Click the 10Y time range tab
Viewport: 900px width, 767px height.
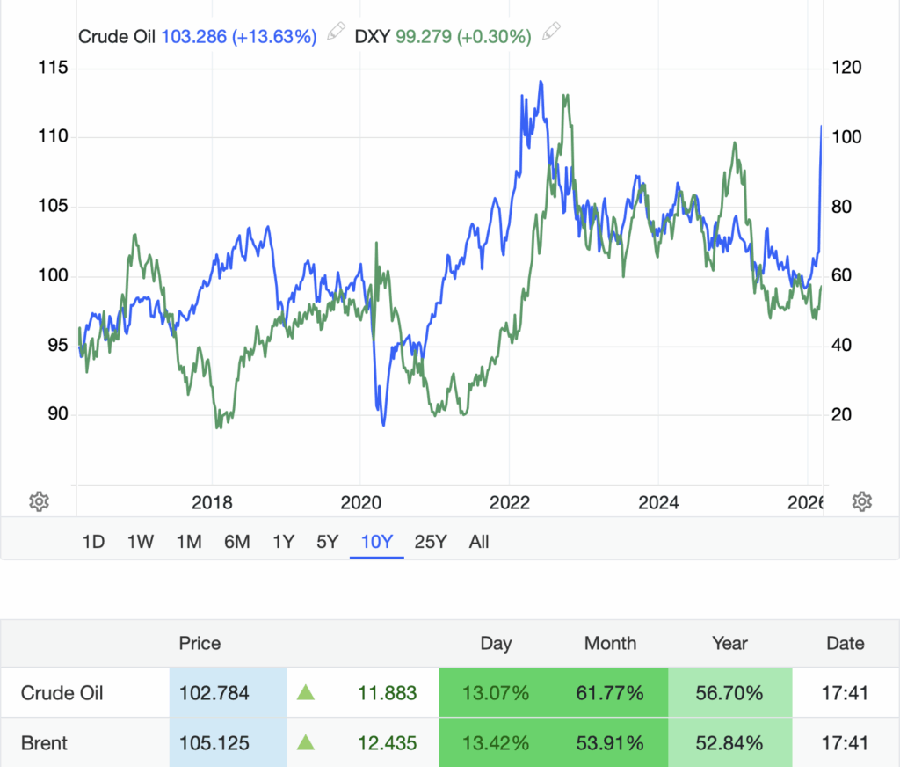[x=377, y=542]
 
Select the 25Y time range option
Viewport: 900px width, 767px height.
[x=430, y=542]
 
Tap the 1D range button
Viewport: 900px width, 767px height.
[x=93, y=542]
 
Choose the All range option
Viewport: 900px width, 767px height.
[x=479, y=542]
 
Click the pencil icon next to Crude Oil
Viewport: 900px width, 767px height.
[x=336, y=33]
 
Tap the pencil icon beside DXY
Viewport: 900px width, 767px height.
[x=551, y=33]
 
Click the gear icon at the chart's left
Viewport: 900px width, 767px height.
[x=39, y=501]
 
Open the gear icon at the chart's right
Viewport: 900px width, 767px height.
[x=862, y=501]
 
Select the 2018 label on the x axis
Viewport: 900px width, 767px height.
[x=212, y=502]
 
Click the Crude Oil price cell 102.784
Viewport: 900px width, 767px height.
[x=214, y=693]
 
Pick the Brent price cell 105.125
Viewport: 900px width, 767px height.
[x=214, y=743]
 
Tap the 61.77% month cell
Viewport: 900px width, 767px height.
[x=610, y=693]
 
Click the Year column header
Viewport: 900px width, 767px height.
[x=729, y=643]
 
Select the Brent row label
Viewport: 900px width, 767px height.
[x=45, y=743]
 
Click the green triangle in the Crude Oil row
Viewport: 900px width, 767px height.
[x=306, y=693]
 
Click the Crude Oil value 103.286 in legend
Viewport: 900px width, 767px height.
[x=194, y=36]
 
